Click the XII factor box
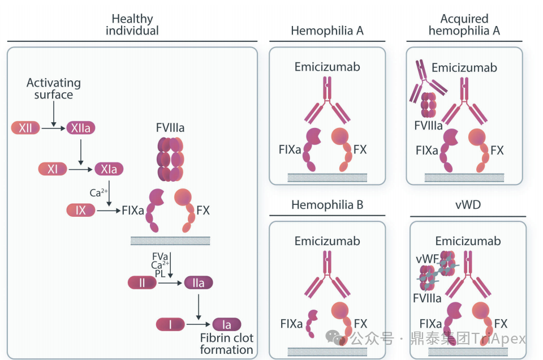click(25, 128)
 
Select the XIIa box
click(81, 128)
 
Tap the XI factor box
click(53, 169)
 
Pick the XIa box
click(109, 169)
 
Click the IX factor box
click(81, 211)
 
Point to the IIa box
click(199, 282)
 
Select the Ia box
click(227, 324)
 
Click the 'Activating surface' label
click(54, 89)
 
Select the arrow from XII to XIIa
click(54, 128)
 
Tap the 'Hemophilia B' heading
click(327, 205)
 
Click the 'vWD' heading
click(468, 205)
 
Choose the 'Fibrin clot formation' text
click(227, 344)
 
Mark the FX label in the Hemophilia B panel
click(360, 324)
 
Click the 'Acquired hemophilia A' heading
click(464, 25)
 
